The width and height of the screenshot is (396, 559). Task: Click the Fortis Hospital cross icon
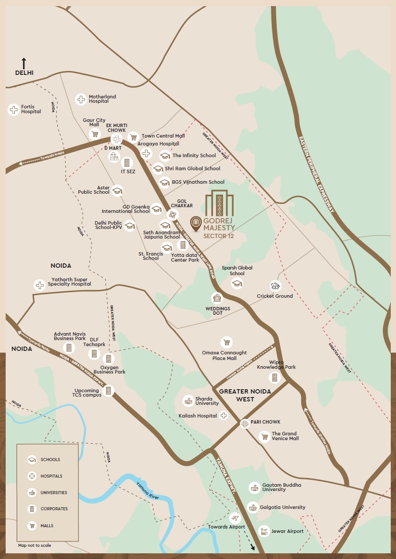(x=14, y=109)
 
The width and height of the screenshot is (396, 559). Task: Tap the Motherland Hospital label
(x=102, y=99)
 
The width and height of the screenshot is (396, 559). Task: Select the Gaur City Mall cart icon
(x=95, y=134)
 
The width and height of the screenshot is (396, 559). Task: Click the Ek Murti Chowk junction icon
(x=116, y=139)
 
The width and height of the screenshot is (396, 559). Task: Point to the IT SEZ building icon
(x=127, y=163)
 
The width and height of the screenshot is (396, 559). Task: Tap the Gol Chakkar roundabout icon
(x=173, y=214)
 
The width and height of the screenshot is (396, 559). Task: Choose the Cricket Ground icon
(x=275, y=286)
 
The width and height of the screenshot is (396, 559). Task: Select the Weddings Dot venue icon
(x=217, y=298)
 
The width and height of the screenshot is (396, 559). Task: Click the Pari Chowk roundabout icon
(x=245, y=423)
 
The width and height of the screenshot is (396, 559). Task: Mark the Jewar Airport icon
(x=264, y=531)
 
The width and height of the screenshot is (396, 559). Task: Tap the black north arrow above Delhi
(x=24, y=63)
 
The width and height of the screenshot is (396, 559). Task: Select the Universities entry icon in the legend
(x=32, y=493)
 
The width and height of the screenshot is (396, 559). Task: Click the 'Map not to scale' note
(x=34, y=545)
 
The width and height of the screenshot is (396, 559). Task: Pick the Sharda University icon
(x=188, y=401)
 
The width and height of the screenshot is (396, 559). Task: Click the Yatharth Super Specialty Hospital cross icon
(x=40, y=285)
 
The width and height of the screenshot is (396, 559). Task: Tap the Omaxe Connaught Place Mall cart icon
(x=226, y=342)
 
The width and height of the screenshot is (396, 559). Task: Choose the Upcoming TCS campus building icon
(x=109, y=391)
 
